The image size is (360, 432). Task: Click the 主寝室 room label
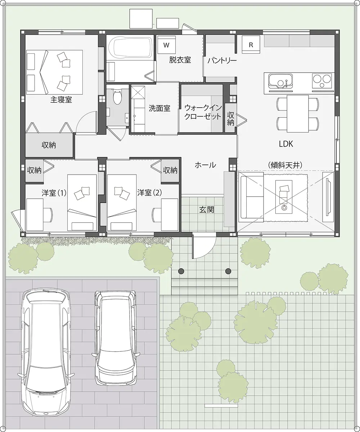[61, 100]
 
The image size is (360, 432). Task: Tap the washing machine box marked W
[166, 45]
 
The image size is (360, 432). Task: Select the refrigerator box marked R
[251, 45]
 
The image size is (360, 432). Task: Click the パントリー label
[222, 60]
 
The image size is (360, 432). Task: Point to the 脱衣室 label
[180, 60]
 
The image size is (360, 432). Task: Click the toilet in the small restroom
[117, 96]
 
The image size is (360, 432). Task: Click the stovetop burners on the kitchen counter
[321, 81]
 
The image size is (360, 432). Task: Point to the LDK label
[286, 144]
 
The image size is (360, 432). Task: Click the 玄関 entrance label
[207, 209]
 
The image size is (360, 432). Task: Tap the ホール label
[205, 165]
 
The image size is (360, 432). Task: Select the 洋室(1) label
[54, 193]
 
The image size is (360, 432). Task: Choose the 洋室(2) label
[149, 193]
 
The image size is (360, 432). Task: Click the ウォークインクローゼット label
[202, 112]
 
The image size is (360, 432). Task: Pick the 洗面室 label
[159, 108]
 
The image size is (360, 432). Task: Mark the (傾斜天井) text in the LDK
[285, 165]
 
